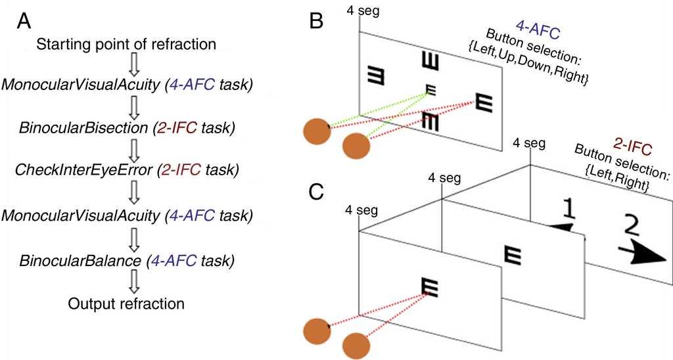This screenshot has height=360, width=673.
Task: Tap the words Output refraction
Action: [x=128, y=304]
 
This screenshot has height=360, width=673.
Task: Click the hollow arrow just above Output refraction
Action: [x=135, y=282]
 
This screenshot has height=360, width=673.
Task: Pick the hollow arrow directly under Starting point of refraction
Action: [x=135, y=64]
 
